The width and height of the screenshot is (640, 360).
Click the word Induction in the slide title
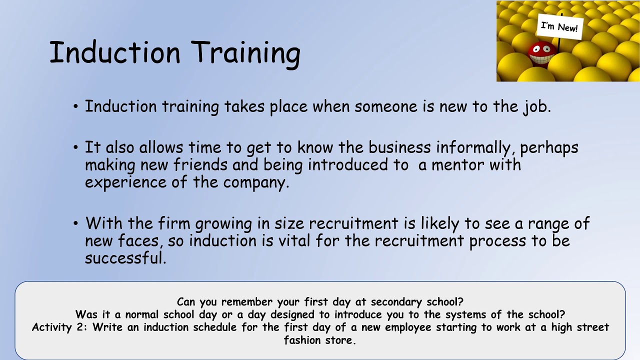114,52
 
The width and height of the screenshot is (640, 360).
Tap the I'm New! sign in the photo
559,26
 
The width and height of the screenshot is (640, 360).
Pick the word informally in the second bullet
475,147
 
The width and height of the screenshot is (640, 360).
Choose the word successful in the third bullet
125,258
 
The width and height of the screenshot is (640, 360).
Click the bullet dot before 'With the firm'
75,223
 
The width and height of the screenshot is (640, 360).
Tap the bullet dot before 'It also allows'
75,148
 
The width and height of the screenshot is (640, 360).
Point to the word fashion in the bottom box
304,340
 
